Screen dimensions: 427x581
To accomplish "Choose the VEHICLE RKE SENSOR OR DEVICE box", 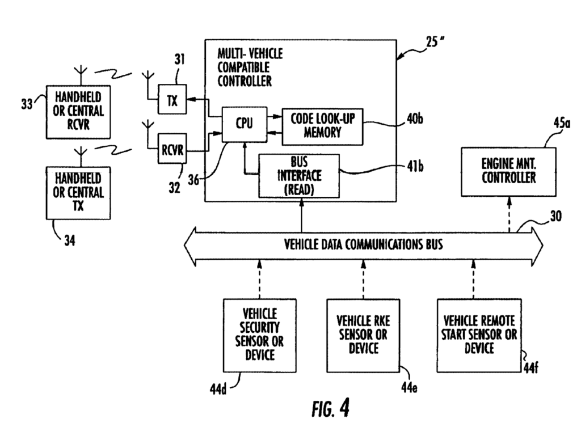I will coord(363,334).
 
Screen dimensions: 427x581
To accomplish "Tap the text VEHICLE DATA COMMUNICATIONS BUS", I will coord(364,246).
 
